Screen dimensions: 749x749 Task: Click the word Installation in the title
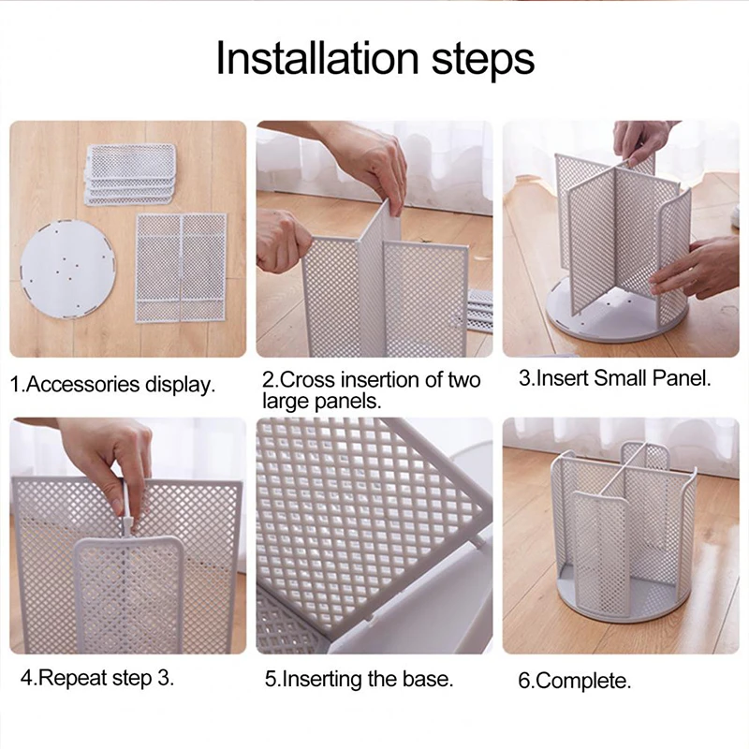317,58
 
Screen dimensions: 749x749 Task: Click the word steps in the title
482,61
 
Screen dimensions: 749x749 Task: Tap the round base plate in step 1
68,269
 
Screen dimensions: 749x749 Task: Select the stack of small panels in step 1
131,174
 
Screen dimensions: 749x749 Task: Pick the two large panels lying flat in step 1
181,268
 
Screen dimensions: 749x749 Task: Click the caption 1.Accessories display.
112,385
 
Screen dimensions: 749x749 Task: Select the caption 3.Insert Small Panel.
615,378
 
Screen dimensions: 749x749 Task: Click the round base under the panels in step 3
616,318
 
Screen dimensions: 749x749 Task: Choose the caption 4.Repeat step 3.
97,678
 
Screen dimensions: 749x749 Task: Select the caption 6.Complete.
575,681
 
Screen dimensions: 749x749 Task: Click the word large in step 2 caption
284,402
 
